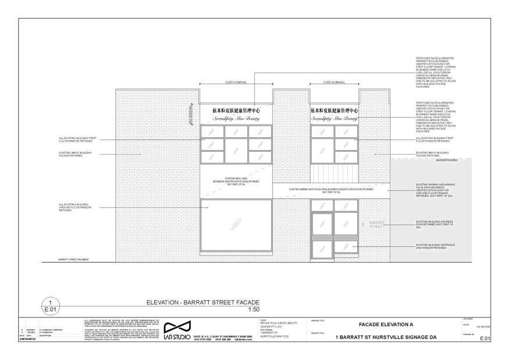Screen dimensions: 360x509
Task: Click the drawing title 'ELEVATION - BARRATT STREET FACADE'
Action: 203,302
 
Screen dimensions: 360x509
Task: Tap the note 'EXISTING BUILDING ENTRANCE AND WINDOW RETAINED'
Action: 435,247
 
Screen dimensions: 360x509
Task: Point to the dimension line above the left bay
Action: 236,83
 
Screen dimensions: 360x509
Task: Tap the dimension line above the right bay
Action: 334,83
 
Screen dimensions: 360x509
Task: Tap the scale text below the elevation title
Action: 254,310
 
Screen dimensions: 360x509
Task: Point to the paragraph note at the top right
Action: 435,72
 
